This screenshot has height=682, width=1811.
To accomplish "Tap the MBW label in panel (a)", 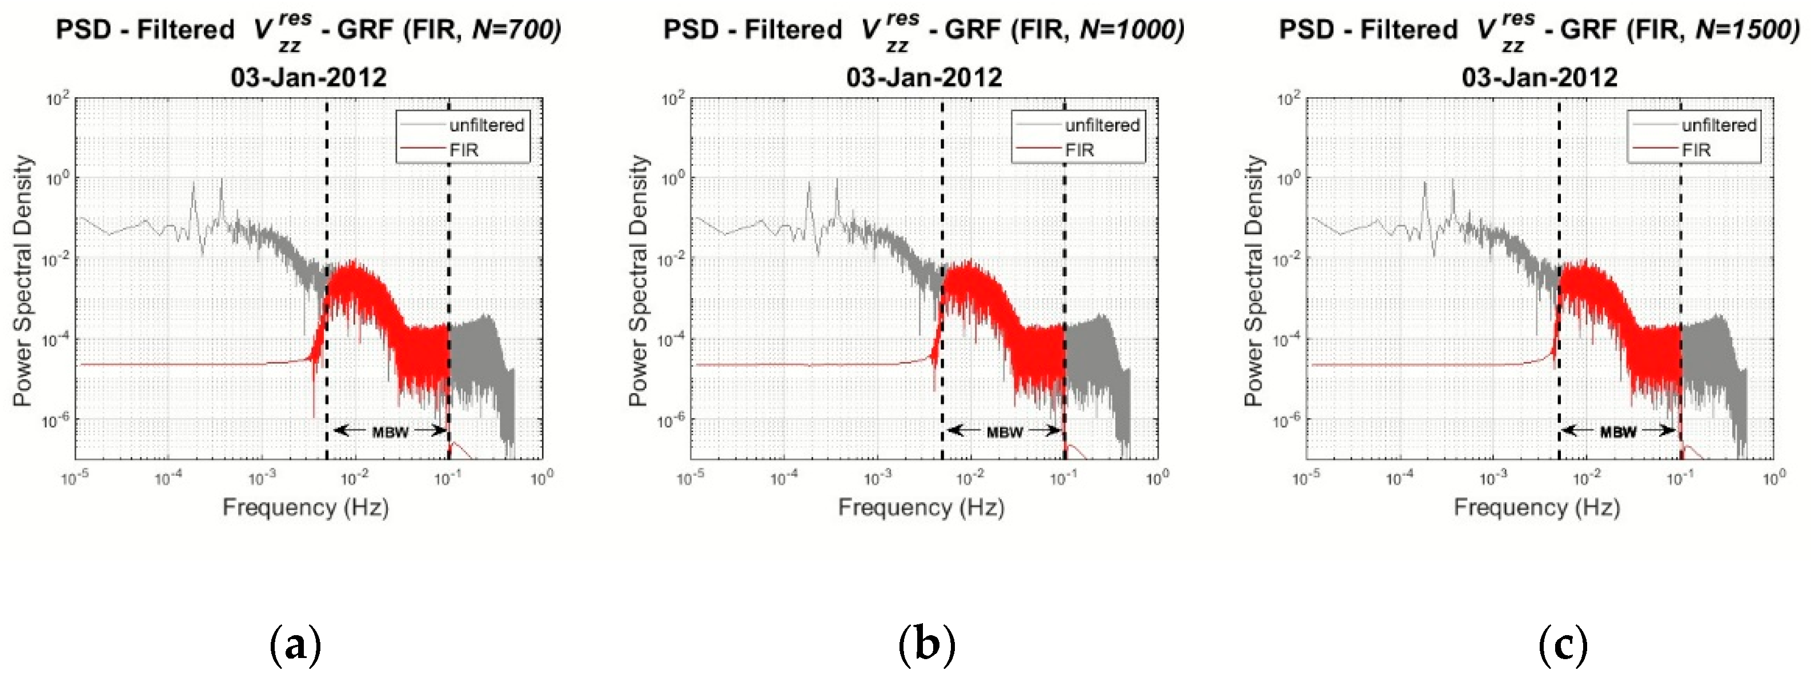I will (390, 432).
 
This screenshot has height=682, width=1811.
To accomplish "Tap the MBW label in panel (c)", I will (1619, 432).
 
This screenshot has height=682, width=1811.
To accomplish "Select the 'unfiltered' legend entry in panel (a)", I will (487, 125).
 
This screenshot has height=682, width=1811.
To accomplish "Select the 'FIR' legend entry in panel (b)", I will (1079, 150).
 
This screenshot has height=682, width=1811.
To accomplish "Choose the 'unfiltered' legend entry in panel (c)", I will (1718, 125).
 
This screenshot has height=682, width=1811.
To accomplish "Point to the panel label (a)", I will (295, 645).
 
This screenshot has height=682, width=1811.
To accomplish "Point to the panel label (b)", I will (926, 645).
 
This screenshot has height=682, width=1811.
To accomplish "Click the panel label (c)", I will (1563, 645).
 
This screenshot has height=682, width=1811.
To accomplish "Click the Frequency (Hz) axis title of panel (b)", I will (921, 507).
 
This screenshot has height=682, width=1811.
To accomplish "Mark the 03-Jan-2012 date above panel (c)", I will (1540, 77).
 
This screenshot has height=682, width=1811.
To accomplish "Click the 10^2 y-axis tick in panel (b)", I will (673, 99).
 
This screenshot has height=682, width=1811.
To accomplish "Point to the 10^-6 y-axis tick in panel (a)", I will (58, 420).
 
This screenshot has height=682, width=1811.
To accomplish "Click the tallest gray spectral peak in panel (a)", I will (222, 182).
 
